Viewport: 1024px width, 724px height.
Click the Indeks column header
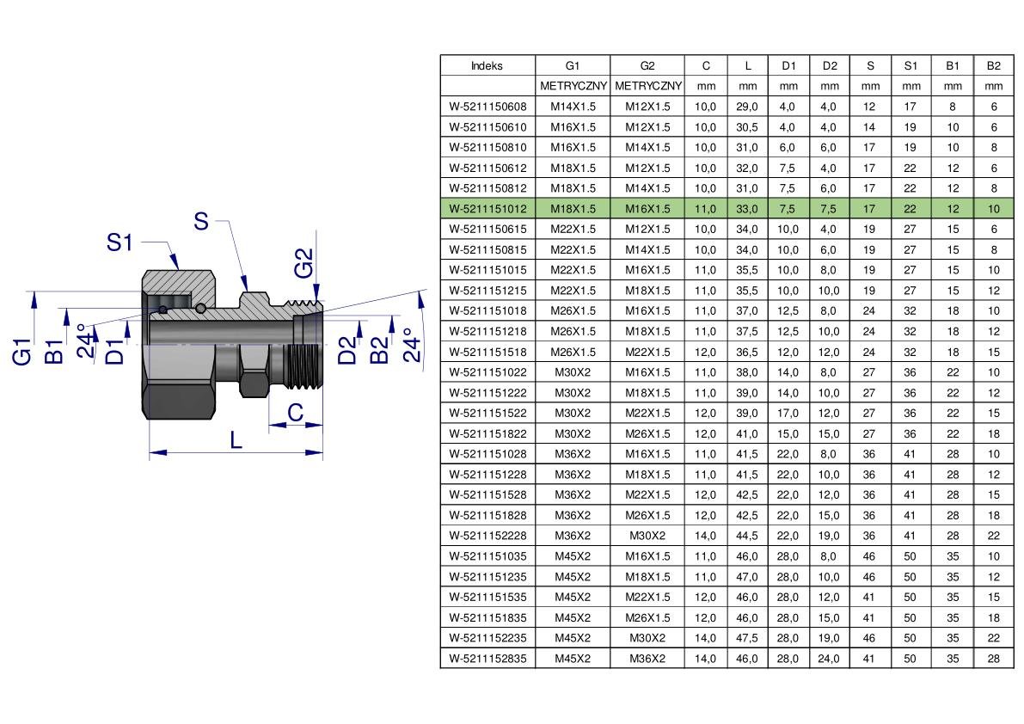pyautogui.click(x=487, y=66)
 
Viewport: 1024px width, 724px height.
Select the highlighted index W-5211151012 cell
pyautogui.click(x=487, y=209)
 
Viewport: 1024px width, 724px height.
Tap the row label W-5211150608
pyautogui.click(x=487, y=107)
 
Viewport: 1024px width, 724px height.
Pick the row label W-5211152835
pyautogui.click(x=487, y=659)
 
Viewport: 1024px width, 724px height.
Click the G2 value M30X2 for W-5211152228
pyautogui.click(x=647, y=536)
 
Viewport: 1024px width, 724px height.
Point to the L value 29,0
pyautogui.click(x=747, y=107)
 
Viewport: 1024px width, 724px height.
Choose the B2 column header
pyautogui.click(x=993, y=66)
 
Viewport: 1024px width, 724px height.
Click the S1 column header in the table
pyautogui.click(x=911, y=66)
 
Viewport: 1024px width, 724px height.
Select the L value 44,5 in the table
pyautogui.click(x=747, y=536)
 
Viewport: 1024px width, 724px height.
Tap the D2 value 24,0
pyautogui.click(x=829, y=659)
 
